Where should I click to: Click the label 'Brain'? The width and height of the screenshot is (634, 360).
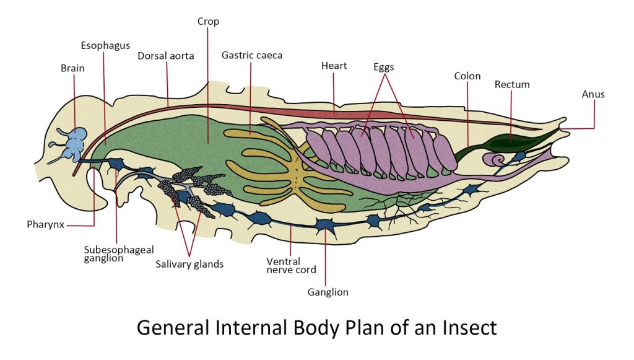click(72, 68)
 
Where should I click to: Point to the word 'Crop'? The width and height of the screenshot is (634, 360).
click(208, 22)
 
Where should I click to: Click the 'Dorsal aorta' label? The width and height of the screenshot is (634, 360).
click(166, 56)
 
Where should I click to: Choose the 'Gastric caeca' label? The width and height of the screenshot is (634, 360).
click(252, 55)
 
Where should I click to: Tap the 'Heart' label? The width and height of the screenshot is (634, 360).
click(334, 66)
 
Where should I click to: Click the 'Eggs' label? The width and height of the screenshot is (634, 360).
click(384, 66)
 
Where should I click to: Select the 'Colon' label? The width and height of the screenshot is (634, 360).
click(467, 76)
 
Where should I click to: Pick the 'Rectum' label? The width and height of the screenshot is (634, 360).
click(512, 84)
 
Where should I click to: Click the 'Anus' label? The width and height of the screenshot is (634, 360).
click(593, 94)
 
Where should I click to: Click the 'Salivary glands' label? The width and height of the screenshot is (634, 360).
click(189, 264)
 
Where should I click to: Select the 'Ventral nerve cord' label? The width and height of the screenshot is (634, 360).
click(291, 265)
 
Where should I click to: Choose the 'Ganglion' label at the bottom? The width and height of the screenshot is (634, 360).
click(328, 292)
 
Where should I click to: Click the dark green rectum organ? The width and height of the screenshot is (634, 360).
click(508, 142)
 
